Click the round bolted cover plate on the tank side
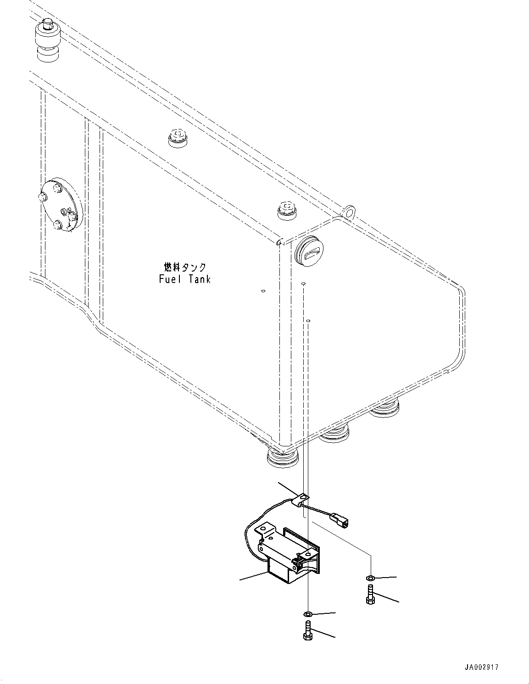click(x=61, y=206)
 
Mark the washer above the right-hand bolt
click(x=370, y=578)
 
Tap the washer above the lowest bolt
click(x=308, y=614)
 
